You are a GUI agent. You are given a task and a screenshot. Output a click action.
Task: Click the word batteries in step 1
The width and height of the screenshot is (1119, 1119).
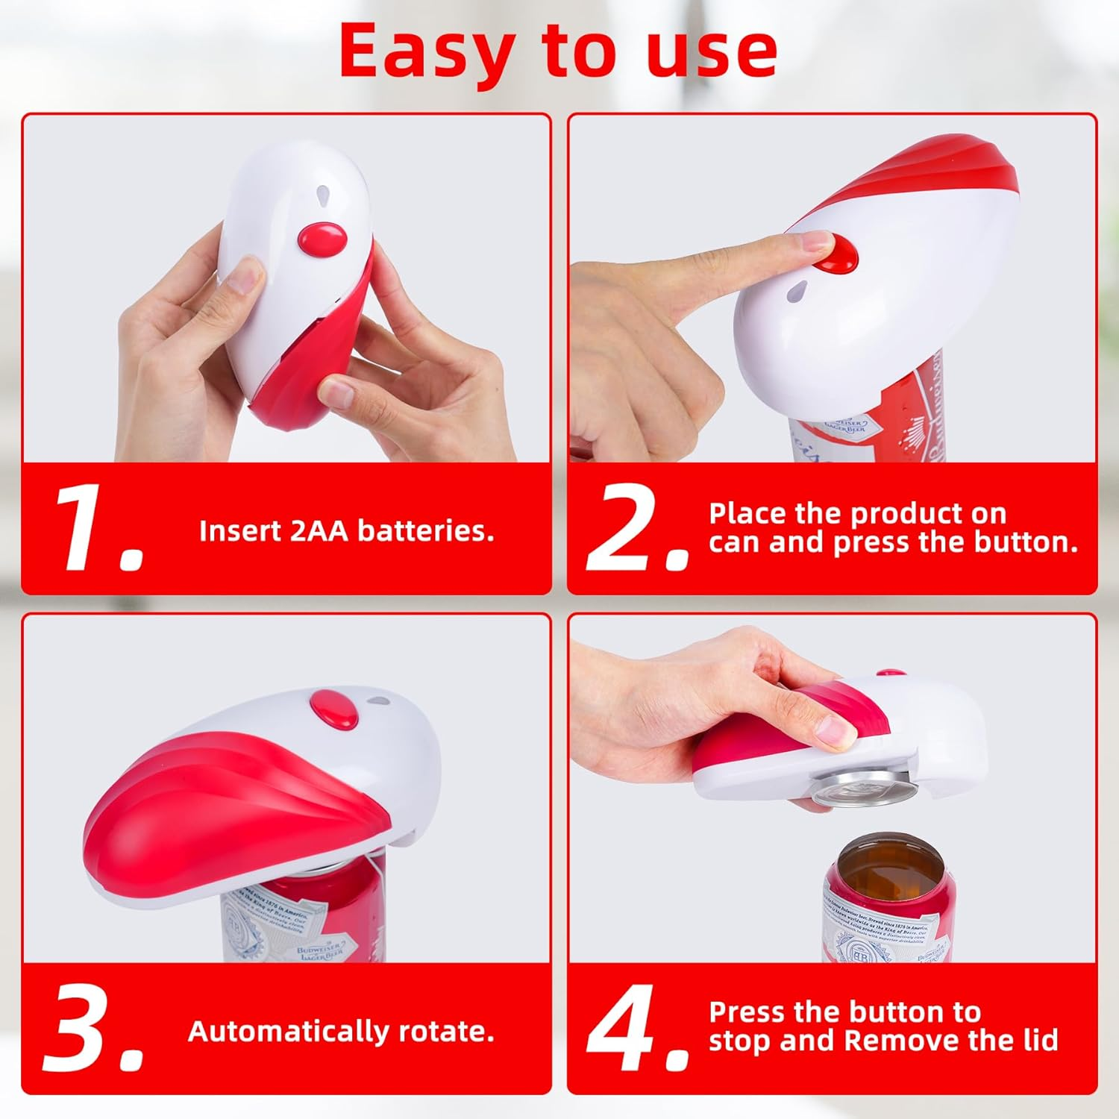pyautogui.click(x=426, y=531)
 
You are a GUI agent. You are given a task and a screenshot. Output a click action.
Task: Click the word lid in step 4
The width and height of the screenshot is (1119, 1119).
pyautogui.click(x=1038, y=1041)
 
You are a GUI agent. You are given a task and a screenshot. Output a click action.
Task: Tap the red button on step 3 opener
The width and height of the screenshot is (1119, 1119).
pyautogui.click(x=334, y=709)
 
